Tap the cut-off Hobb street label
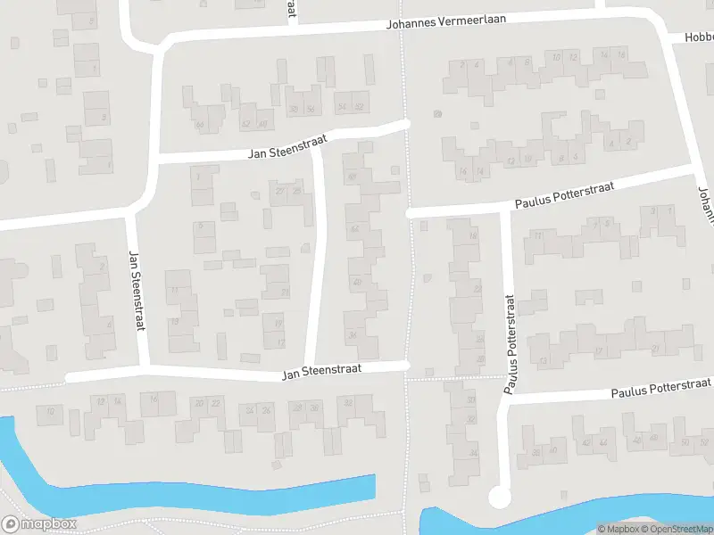[699, 37]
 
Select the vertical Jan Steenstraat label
[137, 291]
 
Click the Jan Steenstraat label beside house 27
[288, 145]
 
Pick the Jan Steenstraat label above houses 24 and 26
[320, 374]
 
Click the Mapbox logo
[39, 524]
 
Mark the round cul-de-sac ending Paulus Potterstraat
[498, 498]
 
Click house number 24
[252, 411]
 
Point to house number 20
[197, 404]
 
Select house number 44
[604, 443]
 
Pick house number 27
[279, 190]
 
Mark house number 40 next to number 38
[264, 125]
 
